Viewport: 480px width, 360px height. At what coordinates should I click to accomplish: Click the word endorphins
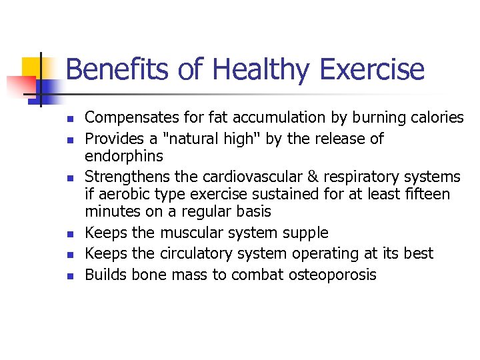(x=123, y=156)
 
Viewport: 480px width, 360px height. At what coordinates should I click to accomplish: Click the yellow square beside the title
(x=32, y=67)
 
